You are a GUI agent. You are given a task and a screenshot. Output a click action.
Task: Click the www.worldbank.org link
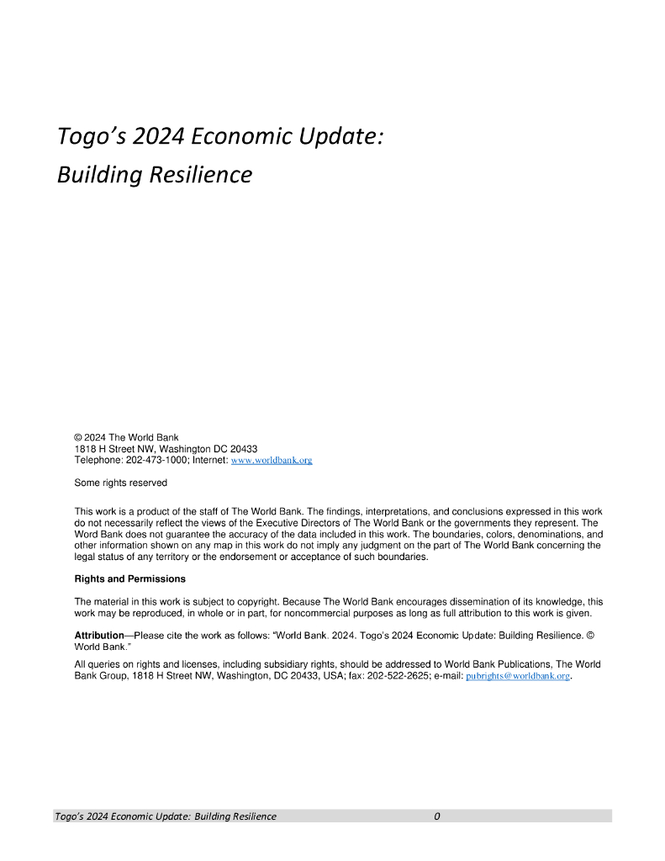click(272, 461)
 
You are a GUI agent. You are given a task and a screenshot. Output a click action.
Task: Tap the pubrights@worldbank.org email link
click(518, 676)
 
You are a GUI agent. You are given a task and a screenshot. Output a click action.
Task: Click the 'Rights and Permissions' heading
click(130, 579)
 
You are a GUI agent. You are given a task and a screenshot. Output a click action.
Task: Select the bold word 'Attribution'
click(99, 637)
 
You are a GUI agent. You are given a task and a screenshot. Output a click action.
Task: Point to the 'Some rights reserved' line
click(121, 483)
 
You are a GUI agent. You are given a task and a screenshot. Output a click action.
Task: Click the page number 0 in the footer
click(437, 816)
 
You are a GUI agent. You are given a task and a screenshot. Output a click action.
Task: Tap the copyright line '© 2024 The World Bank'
click(126, 437)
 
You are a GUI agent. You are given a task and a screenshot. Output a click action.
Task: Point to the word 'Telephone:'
click(98, 460)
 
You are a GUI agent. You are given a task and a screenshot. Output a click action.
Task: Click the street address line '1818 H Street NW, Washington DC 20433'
click(166, 449)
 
